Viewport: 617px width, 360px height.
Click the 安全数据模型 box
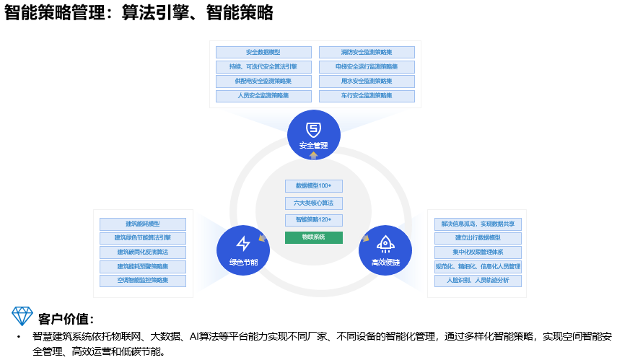[x=263, y=52]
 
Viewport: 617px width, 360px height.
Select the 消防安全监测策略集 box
[x=367, y=52]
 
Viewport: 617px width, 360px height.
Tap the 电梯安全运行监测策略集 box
[x=367, y=66]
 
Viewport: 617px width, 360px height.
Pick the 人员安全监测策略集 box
[x=263, y=95]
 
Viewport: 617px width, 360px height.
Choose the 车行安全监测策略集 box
[x=367, y=95]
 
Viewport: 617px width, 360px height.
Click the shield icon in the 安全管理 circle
[x=313, y=130]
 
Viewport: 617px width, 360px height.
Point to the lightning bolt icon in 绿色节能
[x=243, y=243]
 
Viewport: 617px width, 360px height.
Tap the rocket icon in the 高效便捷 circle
[x=385, y=243]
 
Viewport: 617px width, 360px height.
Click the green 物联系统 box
[x=313, y=237]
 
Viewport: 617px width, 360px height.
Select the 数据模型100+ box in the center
[x=313, y=185]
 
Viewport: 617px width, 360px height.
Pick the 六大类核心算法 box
[x=313, y=203]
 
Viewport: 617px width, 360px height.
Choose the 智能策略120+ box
[x=313, y=219]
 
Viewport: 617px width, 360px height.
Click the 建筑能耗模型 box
[x=143, y=224]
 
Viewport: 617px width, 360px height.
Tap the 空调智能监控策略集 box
[x=143, y=280]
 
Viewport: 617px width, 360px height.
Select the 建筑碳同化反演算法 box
[x=143, y=252]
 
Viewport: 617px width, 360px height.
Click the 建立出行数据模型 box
[x=478, y=237]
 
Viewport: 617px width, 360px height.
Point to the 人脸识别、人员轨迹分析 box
[x=478, y=280]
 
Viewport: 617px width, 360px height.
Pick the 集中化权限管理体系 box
[x=478, y=252]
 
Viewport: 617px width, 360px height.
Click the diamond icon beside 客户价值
[x=22, y=315]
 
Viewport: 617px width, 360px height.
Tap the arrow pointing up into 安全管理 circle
[x=313, y=154]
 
